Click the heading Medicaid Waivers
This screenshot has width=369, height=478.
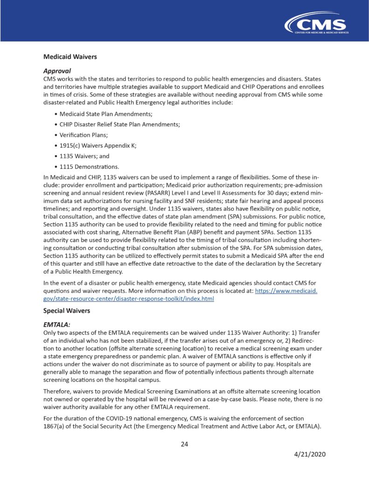pyautogui.click(x=70, y=57)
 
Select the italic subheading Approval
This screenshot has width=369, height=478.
pyautogui.click(x=57, y=71)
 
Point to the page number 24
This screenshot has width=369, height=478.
pyautogui.click(x=184, y=443)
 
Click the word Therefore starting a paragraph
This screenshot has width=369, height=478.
pyautogui.click(x=59, y=390)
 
